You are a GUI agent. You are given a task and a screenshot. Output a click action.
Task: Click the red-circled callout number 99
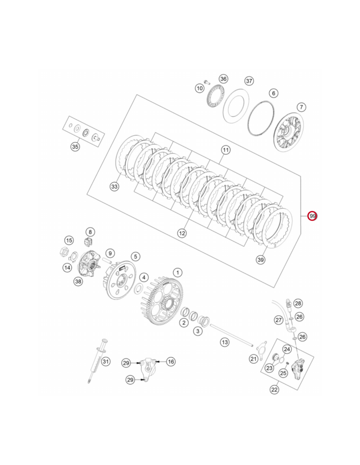(312, 216)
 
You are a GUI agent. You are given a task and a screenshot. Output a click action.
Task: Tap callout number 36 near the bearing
(223, 79)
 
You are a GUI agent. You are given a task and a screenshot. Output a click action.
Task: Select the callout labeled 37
(249, 81)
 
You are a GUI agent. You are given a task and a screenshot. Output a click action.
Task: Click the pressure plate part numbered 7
(288, 132)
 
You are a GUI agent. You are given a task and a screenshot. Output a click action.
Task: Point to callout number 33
(114, 187)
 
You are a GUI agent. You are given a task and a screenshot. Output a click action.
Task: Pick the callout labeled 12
(182, 233)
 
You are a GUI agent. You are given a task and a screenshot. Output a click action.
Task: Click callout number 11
(226, 150)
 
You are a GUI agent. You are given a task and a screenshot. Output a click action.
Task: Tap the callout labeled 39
(261, 260)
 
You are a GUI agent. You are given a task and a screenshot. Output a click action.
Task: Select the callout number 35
(75, 147)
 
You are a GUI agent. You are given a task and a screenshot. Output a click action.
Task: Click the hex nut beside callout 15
(64, 252)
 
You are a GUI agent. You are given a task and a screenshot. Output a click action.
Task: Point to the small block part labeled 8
(88, 242)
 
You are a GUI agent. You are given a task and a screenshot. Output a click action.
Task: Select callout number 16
(171, 361)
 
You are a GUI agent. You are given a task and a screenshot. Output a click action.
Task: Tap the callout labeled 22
(274, 389)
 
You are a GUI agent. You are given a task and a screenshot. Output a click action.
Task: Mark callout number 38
(78, 281)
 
